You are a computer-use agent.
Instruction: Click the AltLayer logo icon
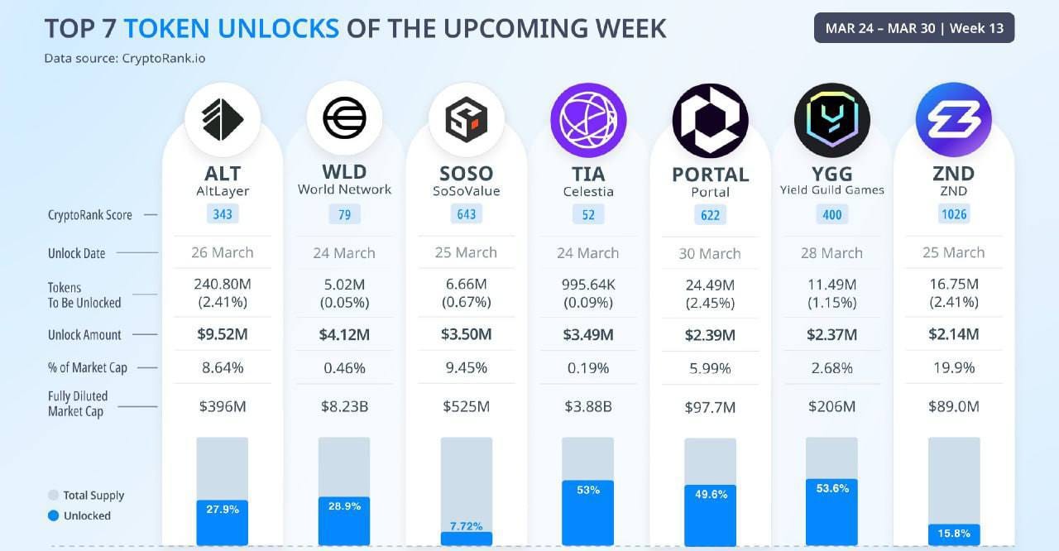coord(223,119)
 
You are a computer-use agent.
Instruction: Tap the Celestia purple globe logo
coord(588,120)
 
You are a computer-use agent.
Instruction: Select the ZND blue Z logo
coord(953,120)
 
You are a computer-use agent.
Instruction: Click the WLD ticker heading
coord(344,174)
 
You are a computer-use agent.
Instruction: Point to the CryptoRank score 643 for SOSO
coord(467,214)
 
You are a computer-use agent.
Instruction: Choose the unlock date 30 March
coord(710,253)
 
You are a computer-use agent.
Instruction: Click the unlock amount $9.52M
coord(223,335)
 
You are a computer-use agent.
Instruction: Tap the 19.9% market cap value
coord(953,367)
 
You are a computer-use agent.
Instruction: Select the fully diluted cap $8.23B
coord(344,407)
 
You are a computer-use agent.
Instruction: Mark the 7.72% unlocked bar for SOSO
coord(467,537)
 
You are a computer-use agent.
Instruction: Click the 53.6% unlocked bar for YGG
coord(831,512)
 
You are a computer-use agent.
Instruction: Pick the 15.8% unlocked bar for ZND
coord(954,534)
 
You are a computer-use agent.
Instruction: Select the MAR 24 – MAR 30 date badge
coord(914,28)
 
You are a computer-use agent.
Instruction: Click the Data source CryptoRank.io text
coord(125,58)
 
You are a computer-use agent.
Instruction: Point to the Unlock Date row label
coord(76,253)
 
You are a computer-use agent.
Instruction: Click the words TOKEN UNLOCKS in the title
coord(232,28)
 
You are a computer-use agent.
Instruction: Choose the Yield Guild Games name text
coord(831,190)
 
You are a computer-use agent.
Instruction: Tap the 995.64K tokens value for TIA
coord(588,285)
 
